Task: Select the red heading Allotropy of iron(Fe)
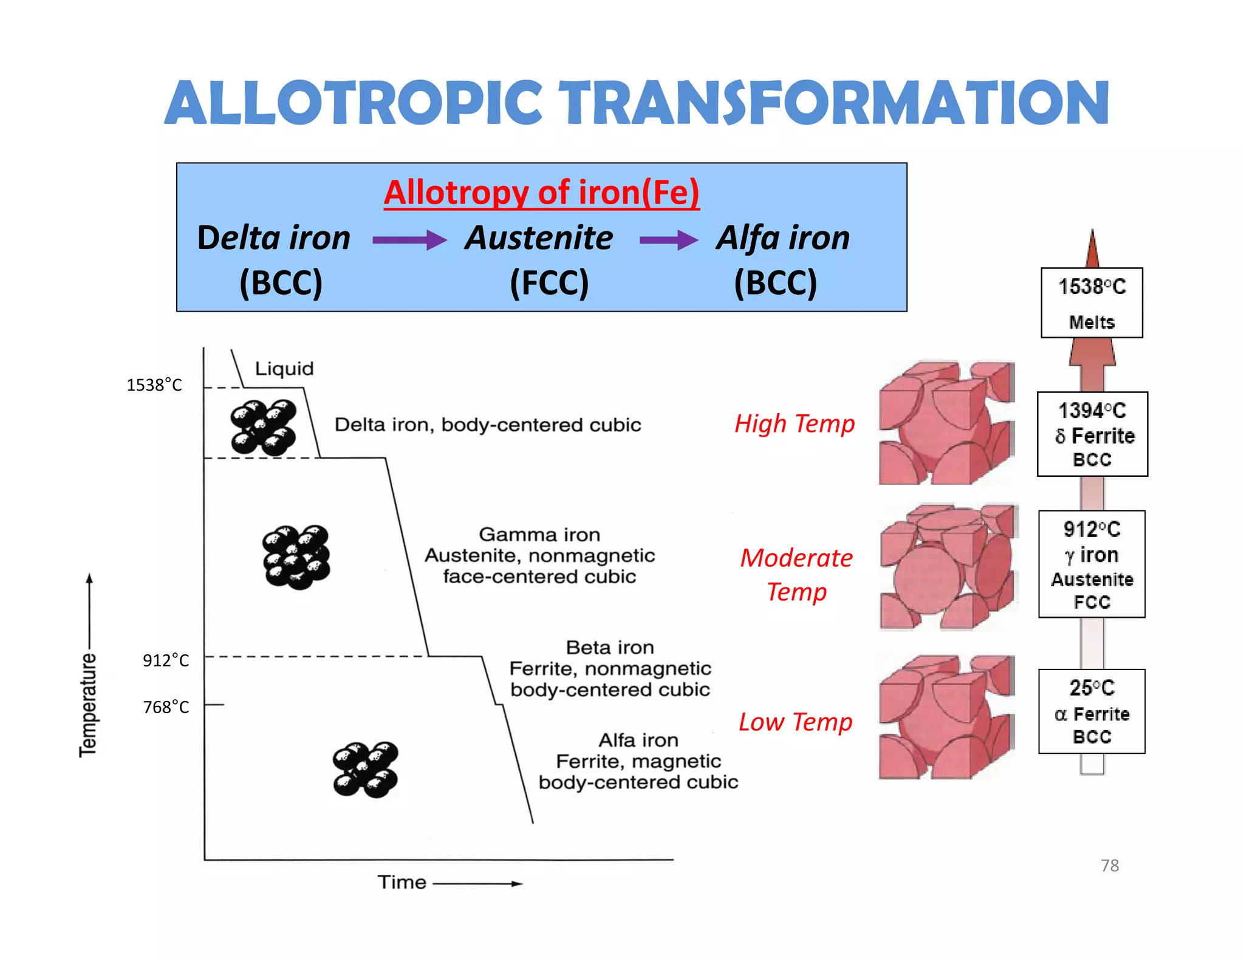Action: (x=541, y=193)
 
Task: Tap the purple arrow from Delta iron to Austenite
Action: (x=409, y=240)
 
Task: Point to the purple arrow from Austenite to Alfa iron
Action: (x=668, y=240)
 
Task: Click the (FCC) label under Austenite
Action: (x=549, y=282)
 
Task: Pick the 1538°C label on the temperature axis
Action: (x=154, y=385)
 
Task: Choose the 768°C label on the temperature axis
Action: (x=166, y=707)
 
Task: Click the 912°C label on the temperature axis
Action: (x=166, y=660)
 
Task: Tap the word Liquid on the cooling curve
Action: (x=284, y=369)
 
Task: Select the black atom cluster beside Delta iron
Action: (x=264, y=428)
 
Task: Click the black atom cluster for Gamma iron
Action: (x=296, y=557)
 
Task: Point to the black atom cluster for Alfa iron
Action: (x=366, y=769)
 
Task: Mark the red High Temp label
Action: (x=795, y=423)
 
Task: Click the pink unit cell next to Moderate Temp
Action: (x=948, y=567)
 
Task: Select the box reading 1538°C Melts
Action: (x=1092, y=303)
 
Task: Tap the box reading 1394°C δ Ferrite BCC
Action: (x=1092, y=434)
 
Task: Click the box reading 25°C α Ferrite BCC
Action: (x=1092, y=711)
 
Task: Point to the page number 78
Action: (x=1110, y=866)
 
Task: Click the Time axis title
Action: (x=402, y=882)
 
